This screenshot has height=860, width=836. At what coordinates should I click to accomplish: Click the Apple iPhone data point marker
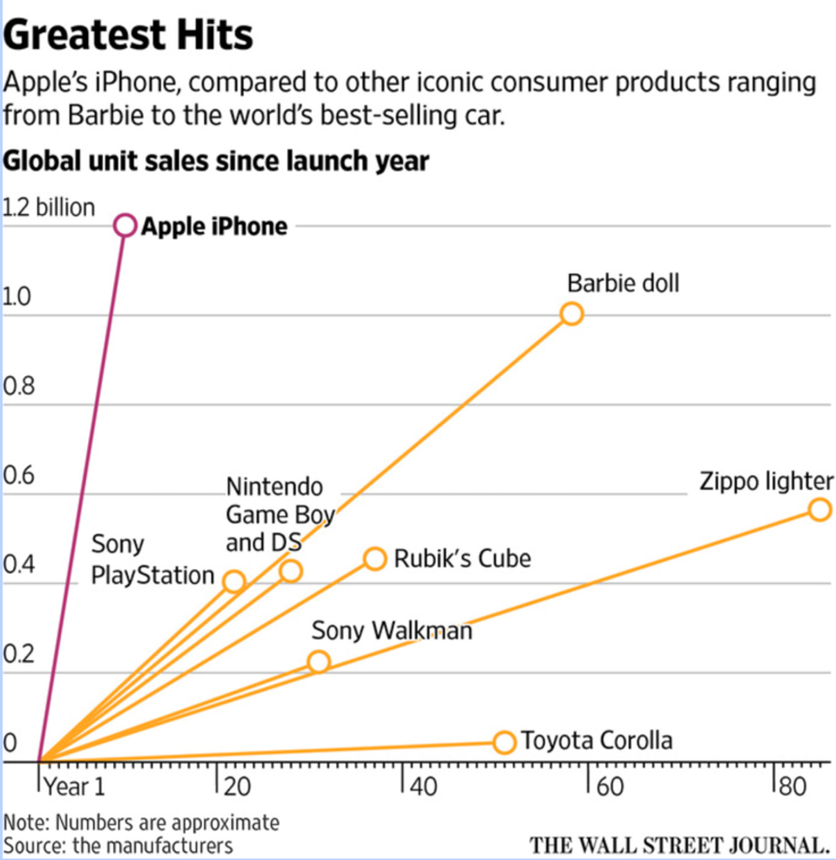[125, 225]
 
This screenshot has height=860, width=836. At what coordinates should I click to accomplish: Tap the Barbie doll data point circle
[571, 313]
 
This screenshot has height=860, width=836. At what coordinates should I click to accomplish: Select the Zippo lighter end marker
[819, 509]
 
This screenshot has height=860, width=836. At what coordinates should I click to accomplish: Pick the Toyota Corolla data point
[504, 742]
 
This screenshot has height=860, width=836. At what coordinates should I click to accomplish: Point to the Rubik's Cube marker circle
[374, 558]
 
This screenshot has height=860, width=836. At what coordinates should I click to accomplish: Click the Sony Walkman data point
[319, 662]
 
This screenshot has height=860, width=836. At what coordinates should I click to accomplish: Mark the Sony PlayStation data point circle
[233, 581]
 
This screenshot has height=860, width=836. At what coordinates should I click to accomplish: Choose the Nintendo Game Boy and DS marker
[291, 571]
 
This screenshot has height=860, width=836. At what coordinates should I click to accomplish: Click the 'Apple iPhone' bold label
[214, 226]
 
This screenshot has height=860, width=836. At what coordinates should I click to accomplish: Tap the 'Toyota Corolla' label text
[597, 741]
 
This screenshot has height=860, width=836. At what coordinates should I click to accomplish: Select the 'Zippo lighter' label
[766, 482]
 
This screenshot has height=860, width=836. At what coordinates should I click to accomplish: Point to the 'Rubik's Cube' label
[462, 558]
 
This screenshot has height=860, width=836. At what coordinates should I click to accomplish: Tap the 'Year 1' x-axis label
[74, 787]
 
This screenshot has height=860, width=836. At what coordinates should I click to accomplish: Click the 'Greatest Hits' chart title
[129, 36]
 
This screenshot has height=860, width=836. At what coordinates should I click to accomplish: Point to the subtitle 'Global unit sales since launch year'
[217, 161]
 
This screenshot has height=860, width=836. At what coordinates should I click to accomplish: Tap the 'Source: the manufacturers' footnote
[118, 844]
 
